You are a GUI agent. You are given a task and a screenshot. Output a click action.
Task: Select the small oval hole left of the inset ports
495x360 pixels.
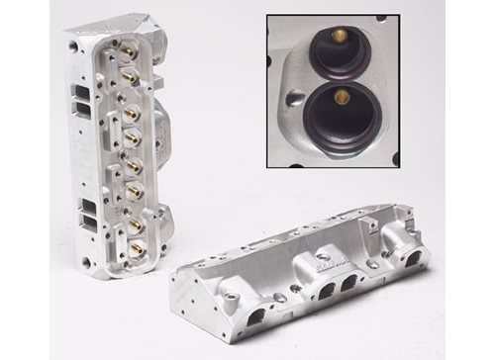[293, 99]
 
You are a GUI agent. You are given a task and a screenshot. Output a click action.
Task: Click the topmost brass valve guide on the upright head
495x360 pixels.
[129, 46]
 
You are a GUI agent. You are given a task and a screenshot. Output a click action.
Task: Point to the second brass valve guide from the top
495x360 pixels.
[128, 75]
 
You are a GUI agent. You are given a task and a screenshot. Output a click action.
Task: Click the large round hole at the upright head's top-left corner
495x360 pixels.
[74, 45]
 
